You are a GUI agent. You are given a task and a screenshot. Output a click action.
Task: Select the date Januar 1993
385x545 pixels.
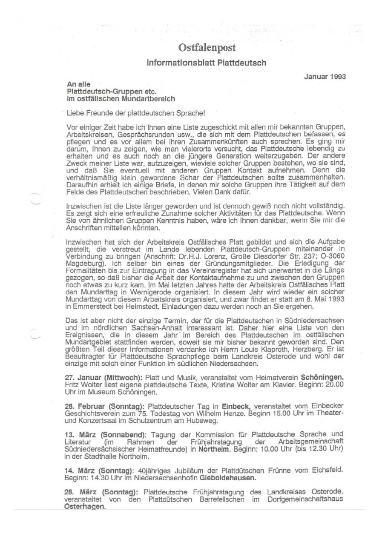[x=325, y=77]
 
